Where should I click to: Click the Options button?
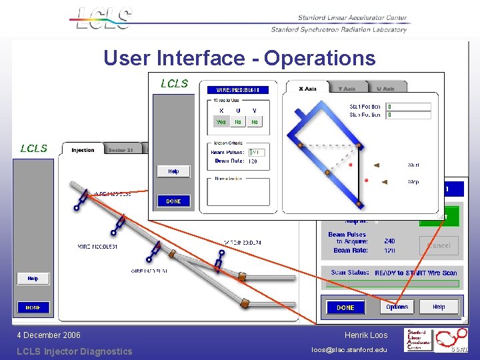pos(397,307)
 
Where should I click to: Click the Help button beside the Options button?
pos(439,307)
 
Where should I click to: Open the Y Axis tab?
pos(347,89)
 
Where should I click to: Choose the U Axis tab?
pos(385,89)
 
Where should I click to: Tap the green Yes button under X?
pos(221,122)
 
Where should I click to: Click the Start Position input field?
pos(408,107)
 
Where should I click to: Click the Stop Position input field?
pos(408,115)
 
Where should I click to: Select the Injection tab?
pos(83,150)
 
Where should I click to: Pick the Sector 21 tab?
pos(121,150)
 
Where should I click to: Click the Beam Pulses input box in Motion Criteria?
pos(257,153)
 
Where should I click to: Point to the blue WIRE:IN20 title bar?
pos(238,90)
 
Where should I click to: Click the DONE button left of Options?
pos(345,307)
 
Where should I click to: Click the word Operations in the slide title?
pos(320,59)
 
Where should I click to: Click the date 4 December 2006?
pos(49,335)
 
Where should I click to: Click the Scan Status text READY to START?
pos(416,273)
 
